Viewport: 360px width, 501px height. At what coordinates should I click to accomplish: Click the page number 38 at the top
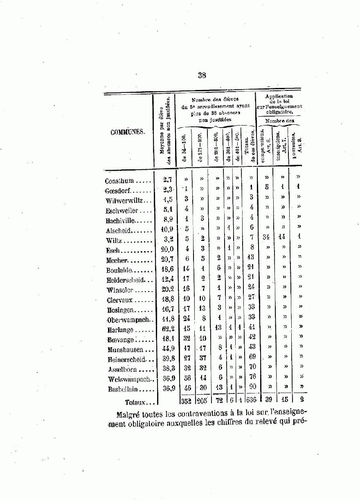202,75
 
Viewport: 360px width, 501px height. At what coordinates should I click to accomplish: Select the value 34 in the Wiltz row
266,237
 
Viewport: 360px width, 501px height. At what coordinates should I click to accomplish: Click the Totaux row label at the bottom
135,402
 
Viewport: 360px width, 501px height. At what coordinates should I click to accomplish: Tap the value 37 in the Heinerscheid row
202,357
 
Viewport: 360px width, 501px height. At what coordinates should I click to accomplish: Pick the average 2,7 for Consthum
167,179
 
